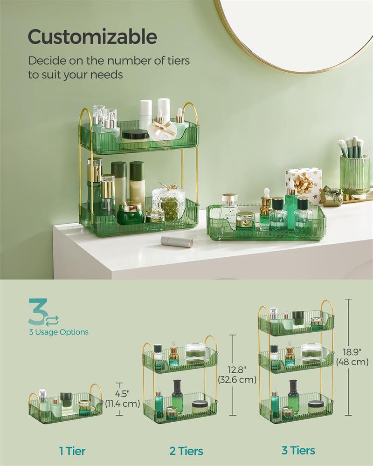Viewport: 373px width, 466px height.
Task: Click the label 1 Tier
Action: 73,451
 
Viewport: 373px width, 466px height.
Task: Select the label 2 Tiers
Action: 186,451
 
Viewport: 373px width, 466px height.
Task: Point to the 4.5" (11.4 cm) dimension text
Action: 123,398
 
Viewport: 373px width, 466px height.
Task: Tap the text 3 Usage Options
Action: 58,332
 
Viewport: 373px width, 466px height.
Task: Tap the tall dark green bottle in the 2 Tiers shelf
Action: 177,394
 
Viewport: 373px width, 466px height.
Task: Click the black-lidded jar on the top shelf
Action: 135,135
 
